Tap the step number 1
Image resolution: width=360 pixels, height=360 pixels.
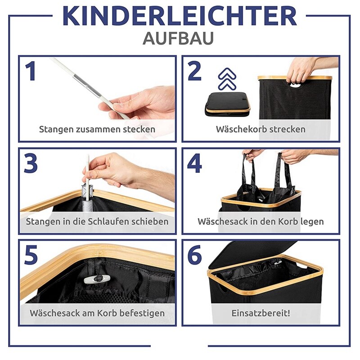pos(30,72)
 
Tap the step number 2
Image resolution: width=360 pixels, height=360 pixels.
pos(194,72)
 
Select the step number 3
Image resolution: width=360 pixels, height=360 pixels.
pos(31,164)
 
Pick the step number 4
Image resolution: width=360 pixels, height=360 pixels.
pos(194,164)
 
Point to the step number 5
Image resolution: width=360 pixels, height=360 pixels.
pos(31,256)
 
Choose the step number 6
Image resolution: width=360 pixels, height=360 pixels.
pos(194,256)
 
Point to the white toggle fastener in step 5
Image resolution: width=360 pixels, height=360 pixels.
pos(97,279)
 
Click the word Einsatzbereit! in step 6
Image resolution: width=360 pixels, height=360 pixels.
pos(261,313)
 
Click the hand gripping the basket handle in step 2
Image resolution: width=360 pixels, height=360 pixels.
pos(301,70)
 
